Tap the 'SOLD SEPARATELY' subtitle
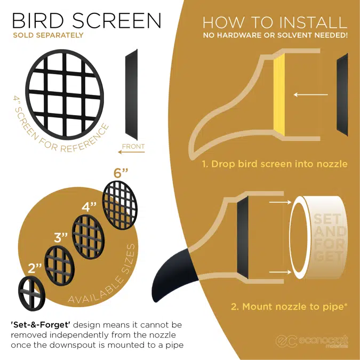48,36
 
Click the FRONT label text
133,146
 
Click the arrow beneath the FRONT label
131,153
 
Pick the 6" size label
121,173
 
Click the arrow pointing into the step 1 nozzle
309,94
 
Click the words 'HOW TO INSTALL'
275,22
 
